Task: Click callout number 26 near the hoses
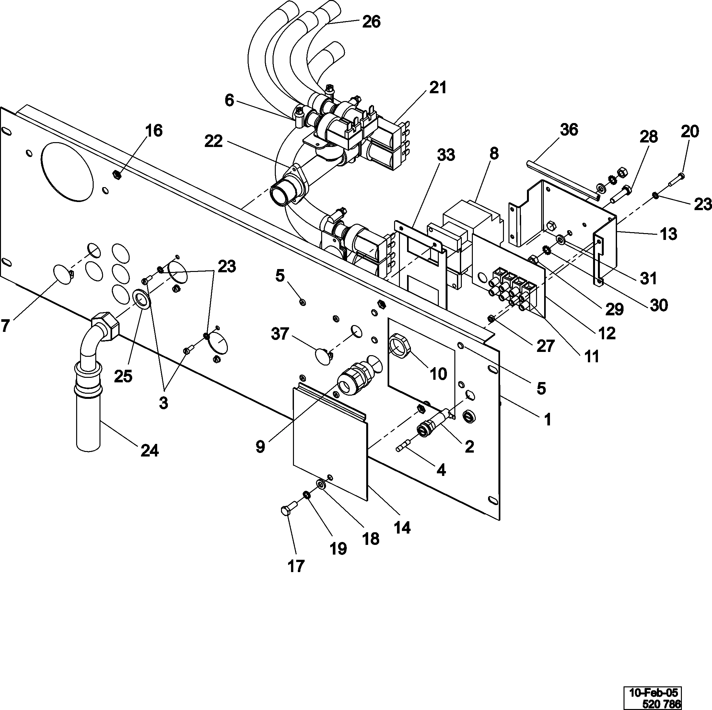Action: (x=371, y=22)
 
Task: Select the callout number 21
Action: (x=438, y=88)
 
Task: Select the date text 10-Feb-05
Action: (x=653, y=692)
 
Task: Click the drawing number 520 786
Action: (x=661, y=704)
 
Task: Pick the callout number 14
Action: (x=402, y=528)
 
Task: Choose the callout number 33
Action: (x=446, y=155)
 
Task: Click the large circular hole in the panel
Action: (x=67, y=172)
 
